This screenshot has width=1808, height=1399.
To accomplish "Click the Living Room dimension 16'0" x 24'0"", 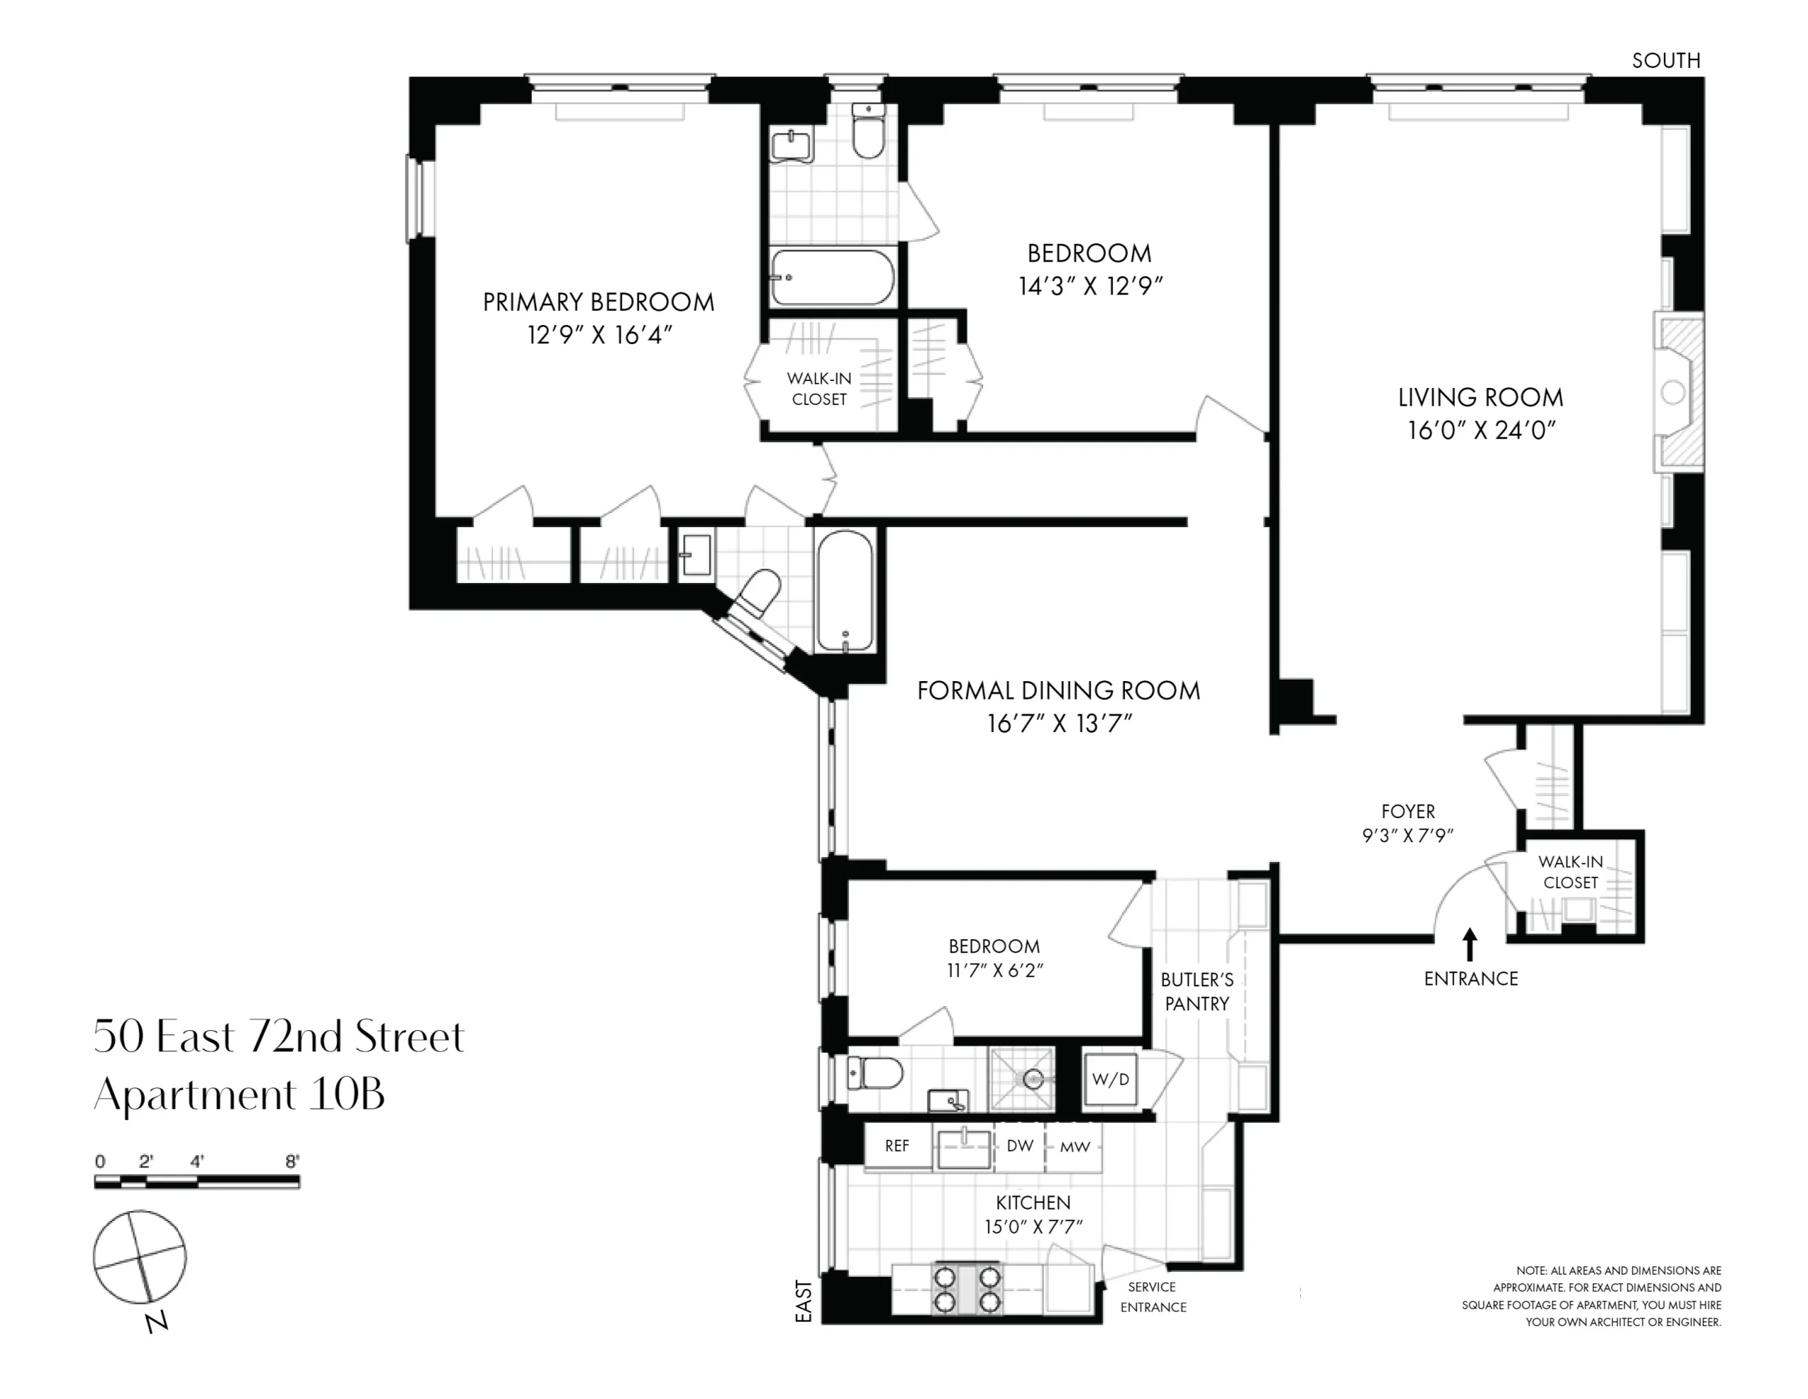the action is tap(1482, 431).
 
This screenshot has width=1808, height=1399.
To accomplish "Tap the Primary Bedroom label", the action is tap(598, 302).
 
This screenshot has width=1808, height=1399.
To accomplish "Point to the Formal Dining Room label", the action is tap(1059, 691).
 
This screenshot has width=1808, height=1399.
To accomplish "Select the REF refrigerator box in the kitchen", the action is tap(898, 1145).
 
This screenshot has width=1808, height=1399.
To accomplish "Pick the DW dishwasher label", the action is tap(1020, 1145).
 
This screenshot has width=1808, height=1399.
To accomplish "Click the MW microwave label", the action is tap(1074, 1147).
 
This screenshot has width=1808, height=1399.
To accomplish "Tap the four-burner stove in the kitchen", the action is tap(967, 1289).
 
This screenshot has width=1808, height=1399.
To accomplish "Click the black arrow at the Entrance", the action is tap(1470, 944).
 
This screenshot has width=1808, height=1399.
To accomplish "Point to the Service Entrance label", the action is tap(1153, 1297).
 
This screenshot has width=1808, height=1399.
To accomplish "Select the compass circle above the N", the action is tap(139, 1256).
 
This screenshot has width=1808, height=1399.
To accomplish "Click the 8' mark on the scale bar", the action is tap(292, 1162).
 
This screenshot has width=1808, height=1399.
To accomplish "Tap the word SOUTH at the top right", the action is tap(1665, 61).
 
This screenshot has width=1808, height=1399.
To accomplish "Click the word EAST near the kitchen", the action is tap(804, 1301).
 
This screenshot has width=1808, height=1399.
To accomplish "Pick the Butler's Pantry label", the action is tap(1197, 991).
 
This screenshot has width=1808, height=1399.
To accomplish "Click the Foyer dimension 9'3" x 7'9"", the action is tap(1408, 836).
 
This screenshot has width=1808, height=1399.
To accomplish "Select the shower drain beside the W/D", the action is tap(1033, 1079).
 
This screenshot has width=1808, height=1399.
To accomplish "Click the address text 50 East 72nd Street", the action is tap(279, 1037).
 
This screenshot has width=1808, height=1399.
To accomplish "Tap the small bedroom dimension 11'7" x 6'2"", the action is tap(994, 970).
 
